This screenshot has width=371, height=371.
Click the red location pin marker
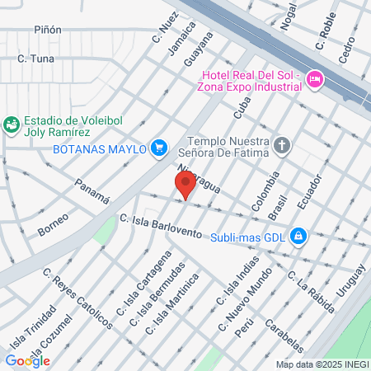coord(185,185)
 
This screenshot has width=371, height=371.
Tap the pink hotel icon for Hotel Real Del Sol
coord(314,79)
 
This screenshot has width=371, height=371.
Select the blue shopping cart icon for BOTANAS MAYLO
coord(160,148)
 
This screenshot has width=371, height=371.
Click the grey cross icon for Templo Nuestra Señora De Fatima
coord(282,148)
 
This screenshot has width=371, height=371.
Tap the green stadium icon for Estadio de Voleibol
coord(12,125)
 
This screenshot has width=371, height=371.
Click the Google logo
coord(27,360)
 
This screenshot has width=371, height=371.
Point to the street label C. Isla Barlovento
coord(160,227)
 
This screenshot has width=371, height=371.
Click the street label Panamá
coord(92,191)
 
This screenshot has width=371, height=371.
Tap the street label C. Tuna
coord(35,59)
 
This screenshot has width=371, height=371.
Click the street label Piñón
coord(48,30)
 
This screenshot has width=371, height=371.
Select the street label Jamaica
coord(182,38)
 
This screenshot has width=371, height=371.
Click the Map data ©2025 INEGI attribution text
coord(322,364)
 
